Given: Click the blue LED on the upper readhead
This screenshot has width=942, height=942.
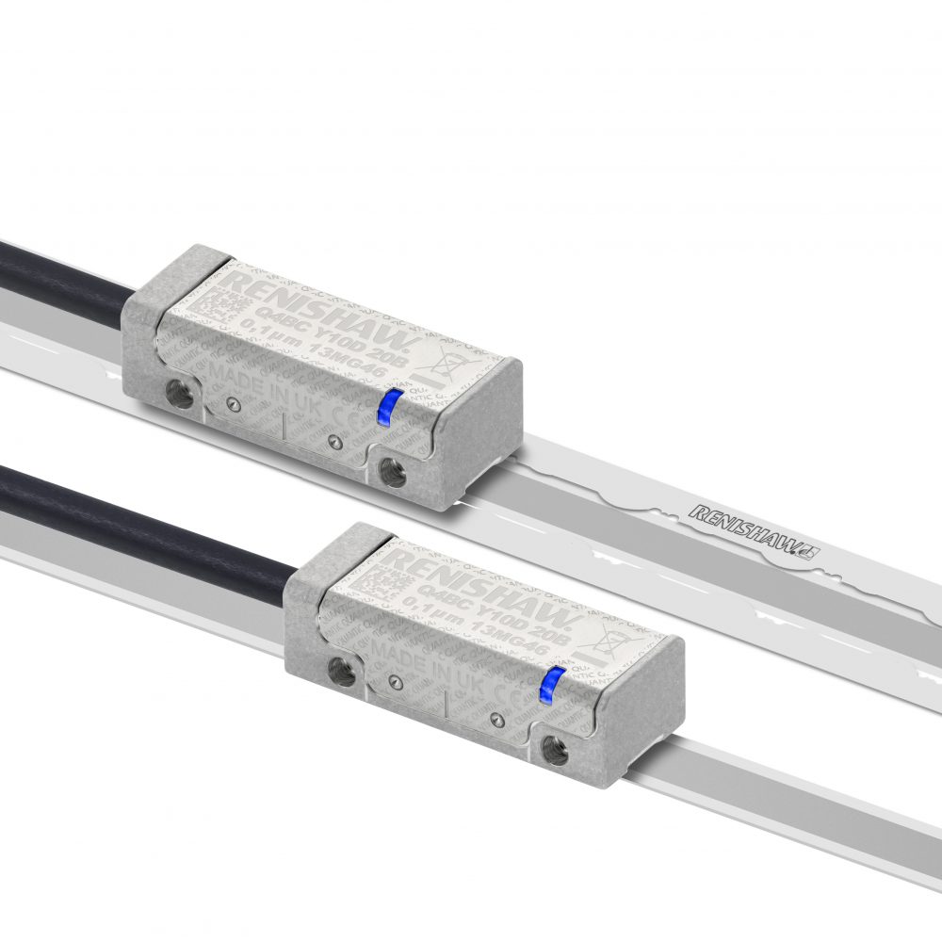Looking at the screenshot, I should pos(385,407).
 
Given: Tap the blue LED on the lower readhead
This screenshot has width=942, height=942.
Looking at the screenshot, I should pos(548,685).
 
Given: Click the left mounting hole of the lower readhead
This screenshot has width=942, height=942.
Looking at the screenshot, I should pos(340,671).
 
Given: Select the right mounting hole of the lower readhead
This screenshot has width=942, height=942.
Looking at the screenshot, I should pos(554,749).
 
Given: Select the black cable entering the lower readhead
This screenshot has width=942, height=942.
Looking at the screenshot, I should pos(141,528).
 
